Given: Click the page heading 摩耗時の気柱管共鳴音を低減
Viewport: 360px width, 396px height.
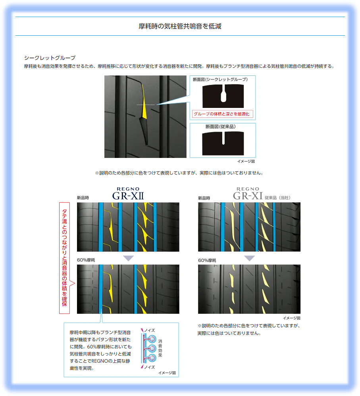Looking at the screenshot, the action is click(180, 26).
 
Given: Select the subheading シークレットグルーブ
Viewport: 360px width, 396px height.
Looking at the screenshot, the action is click(50, 58).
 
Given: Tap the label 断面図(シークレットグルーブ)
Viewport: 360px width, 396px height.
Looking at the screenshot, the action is click(220, 79).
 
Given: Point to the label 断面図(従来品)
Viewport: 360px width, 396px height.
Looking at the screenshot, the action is click(221, 127).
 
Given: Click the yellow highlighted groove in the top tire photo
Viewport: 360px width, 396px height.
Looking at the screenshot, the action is click(144, 102).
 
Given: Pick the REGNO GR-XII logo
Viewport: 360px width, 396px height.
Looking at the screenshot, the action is click(128, 194).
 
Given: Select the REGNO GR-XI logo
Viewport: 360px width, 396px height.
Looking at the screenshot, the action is click(248, 194).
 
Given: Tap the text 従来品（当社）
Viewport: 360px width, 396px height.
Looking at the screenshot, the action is click(277, 198).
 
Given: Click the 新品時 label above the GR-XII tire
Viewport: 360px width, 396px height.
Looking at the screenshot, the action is click(83, 198).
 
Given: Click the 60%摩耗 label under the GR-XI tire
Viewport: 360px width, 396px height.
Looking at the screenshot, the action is click(207, 260).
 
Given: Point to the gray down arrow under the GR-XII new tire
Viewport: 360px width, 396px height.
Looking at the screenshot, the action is click(128, 258).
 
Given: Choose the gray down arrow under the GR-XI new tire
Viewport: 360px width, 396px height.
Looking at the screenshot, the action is click(250, 258).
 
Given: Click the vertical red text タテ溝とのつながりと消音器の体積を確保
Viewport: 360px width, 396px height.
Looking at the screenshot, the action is click(64, 258).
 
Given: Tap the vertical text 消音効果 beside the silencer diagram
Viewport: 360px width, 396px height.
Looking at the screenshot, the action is click(160, 348).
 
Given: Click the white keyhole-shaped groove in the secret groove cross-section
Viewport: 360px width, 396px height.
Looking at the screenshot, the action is click(223, 93).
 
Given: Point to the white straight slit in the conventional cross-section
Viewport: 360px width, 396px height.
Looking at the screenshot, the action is click(223, 138).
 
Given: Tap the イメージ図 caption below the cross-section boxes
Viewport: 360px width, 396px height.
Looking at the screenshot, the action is click(246, 161).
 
